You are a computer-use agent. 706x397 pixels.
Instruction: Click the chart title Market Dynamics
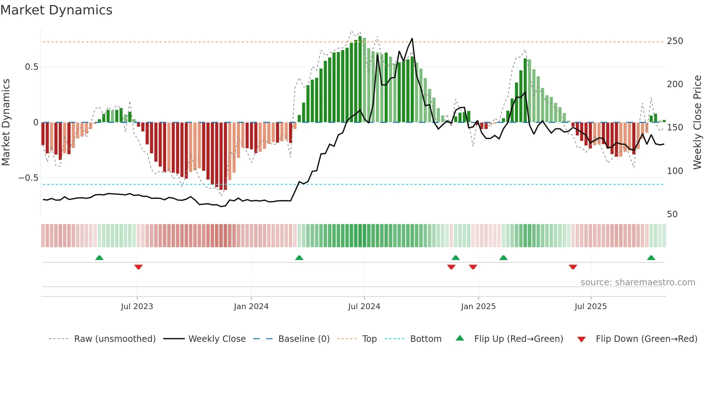56,10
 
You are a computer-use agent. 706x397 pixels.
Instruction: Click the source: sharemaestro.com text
638,282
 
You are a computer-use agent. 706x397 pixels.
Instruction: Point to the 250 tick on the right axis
675,41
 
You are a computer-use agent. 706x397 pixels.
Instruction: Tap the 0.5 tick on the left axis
31,67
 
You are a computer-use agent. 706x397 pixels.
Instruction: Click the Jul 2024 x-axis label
364,307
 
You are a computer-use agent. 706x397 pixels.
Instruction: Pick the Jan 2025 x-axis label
478,307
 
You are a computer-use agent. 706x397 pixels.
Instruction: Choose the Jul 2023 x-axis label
137,307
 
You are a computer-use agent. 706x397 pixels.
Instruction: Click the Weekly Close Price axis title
697,122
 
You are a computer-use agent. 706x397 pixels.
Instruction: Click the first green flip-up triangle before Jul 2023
99,258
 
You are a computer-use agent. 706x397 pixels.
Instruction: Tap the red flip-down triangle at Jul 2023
138,267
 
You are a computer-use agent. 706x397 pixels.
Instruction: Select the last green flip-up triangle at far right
651,258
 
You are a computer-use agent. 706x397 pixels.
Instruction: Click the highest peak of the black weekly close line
412,39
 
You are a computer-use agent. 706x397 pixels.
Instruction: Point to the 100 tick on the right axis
675,171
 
